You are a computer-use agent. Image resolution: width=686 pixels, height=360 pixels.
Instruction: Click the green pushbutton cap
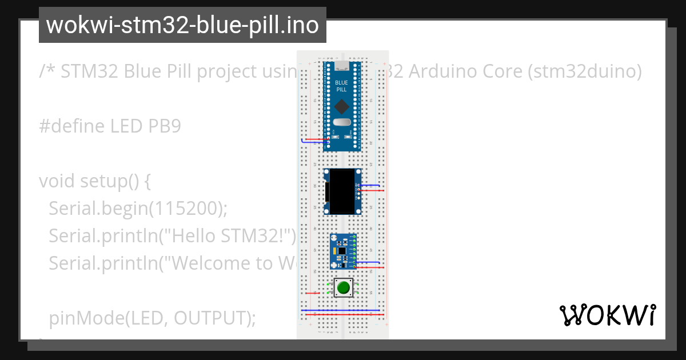[343, 287]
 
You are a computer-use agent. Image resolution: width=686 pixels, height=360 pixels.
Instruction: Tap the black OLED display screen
[342, 191]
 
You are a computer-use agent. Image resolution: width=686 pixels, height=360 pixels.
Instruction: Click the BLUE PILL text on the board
[341, 86]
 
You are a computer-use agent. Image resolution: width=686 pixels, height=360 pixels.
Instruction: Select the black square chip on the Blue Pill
[341, 106]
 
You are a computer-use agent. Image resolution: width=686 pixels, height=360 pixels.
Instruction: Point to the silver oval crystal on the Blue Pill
[341, 122]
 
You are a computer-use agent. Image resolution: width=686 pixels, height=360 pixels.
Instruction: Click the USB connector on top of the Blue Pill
[341, 61]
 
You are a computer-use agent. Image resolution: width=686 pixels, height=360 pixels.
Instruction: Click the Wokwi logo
[607, 315]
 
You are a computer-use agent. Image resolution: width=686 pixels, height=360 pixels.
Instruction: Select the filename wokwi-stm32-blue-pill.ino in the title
[182, 25]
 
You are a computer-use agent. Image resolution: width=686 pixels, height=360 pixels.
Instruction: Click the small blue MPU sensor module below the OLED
[342, 250]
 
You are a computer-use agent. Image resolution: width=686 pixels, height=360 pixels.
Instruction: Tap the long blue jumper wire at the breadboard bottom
[343, 310]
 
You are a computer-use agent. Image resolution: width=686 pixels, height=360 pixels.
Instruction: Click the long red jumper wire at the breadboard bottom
[343, 314]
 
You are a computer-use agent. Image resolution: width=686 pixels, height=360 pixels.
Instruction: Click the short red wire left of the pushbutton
[311, 293]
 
